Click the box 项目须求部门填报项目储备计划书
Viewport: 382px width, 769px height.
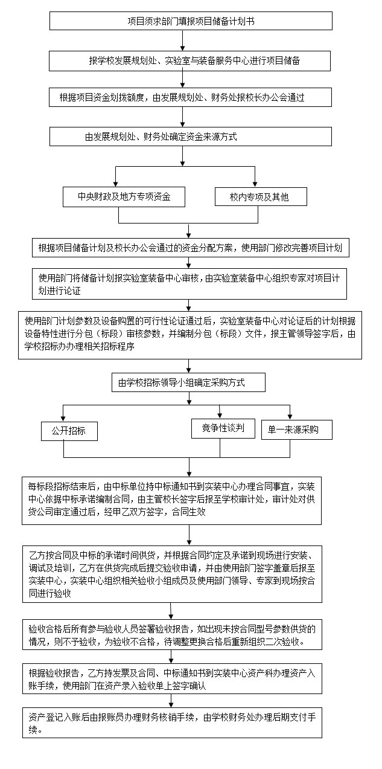click(x=191, y=21)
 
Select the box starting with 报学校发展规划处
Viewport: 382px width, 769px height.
click(x=189, y=61)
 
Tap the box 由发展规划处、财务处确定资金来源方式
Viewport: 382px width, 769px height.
click(x=191, y=137)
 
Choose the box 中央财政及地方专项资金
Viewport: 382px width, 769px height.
click(x=124, y=197)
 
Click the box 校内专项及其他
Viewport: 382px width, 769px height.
click(x=261, y=196)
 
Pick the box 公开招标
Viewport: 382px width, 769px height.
click(x=69, y=431)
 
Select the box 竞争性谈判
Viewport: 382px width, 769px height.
click(x=223, y=428)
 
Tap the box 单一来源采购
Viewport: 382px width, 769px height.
click(x=297, y=430)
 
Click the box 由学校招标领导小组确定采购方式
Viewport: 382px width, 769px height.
click(x=188, y=382)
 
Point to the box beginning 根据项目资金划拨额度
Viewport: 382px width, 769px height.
click(x=190, y=97)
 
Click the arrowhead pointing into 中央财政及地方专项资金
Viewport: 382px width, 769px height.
click(x=116, y=184)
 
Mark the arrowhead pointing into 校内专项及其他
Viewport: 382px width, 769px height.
click(x=255, y=184)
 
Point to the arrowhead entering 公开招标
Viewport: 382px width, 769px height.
click(x=63, y=419)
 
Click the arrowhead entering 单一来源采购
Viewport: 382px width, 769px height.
click(x=290, y=417)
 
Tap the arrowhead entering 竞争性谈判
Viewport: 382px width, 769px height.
click(x=220, y=416)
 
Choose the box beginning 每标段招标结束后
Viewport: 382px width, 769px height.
click(x=171, y=501)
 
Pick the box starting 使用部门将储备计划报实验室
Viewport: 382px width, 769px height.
click(x=189, y=284)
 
